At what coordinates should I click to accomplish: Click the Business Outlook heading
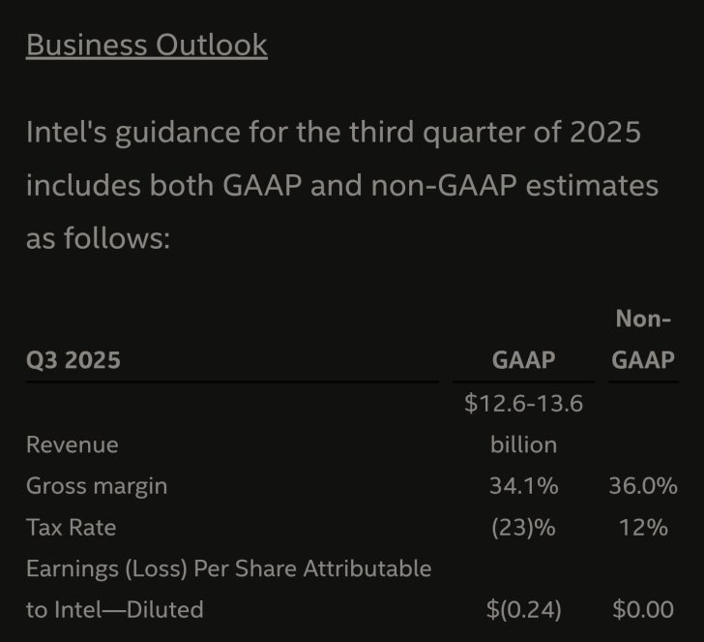click(x=146, y=45)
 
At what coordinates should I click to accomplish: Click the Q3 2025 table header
click(x=73, y=360)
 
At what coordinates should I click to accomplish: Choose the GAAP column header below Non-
click(x=643, y=360)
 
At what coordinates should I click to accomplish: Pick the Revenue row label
click(x=73, y=444)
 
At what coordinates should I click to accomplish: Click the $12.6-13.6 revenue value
click(x=523, y=403)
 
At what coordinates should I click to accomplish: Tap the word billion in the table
click(x=523, y=444)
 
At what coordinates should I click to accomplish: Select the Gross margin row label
click(x=97, y=486)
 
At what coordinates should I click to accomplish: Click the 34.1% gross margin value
click(x=523, y=486)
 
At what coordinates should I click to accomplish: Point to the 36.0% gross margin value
click(x=643, y=486)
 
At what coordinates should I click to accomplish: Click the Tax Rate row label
click(x=72, y=528)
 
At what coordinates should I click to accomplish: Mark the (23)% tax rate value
click(x=523, y=528)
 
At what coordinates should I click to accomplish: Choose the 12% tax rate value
click(x=643, y=528)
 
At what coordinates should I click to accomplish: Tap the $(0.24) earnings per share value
click(x=523, y=610)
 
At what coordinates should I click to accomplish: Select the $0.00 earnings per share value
click(x=643, y=610)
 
